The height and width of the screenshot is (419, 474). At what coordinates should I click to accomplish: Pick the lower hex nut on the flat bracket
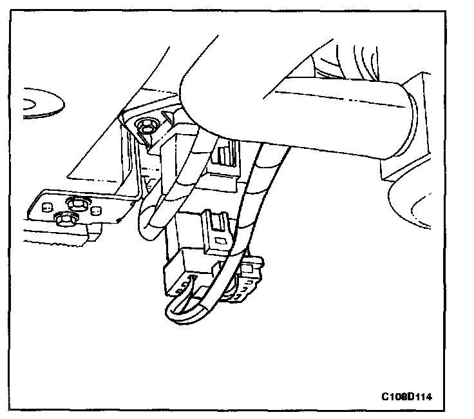(x=64, y=219)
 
